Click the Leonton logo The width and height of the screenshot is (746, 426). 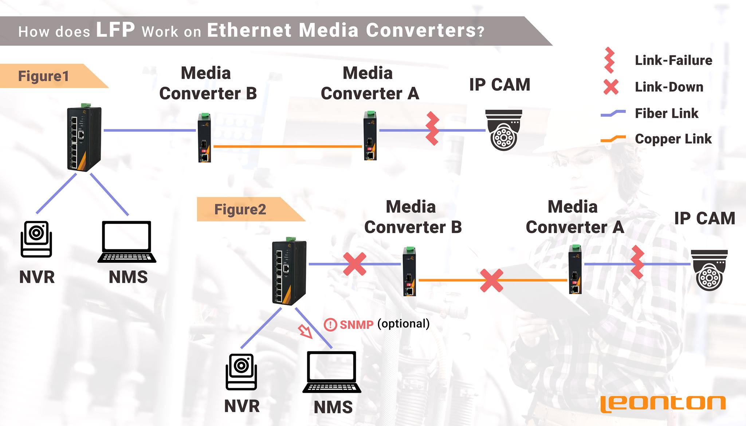tap(663, 404)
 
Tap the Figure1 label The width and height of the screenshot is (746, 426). tap(43, 76)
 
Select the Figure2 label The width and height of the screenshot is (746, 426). tap(240, 210)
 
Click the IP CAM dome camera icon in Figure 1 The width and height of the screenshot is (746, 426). tap(504, 130)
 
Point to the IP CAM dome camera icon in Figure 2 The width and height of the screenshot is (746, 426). tap(709, 270)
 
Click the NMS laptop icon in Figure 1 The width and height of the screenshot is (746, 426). tap(127, 242)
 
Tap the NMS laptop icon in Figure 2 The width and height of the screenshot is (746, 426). tap(332, 372)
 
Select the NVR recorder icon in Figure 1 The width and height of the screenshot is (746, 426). tap(36, 239)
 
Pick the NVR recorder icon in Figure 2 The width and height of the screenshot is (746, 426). tap(242, 372)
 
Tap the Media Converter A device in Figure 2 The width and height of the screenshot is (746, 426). tap(576, 269)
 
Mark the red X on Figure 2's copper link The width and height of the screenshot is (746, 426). tap(492, 280)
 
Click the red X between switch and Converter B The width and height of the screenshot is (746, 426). tap(355, 264)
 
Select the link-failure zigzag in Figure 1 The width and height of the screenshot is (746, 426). tap(432, 129)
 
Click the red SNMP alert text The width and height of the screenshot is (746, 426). tap(357, 324)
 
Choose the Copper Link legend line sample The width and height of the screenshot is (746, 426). tap(613, 139)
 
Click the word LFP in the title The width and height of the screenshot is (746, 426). tap(115, 30)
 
